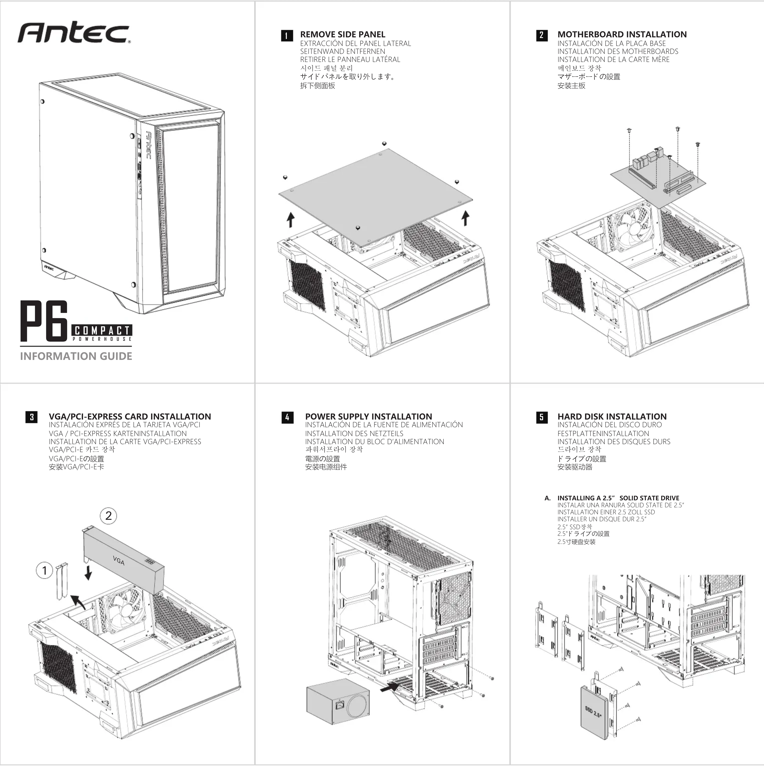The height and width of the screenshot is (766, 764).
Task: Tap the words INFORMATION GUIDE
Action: click(x=76, y=356)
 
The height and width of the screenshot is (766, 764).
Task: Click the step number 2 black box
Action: click(x=542, y=35)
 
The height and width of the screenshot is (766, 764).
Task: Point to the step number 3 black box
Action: click(x=32, y=417)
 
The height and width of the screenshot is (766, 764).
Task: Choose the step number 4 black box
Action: click(x=287, y=417)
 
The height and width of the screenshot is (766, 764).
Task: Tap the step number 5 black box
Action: click(x=542, y=417)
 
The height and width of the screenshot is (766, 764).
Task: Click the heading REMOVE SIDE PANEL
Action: click(x=342, y=35)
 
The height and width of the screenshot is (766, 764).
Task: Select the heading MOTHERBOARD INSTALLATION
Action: click(x=622, y=35)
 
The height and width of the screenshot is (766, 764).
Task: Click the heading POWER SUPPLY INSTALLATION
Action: click(x=368, y=416)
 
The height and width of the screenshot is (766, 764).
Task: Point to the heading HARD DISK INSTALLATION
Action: click(x=612, y=416)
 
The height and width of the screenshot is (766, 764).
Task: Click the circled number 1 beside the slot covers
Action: click(x=44, y=570)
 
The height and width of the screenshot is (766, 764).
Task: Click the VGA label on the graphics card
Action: click(x=118, y=561)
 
